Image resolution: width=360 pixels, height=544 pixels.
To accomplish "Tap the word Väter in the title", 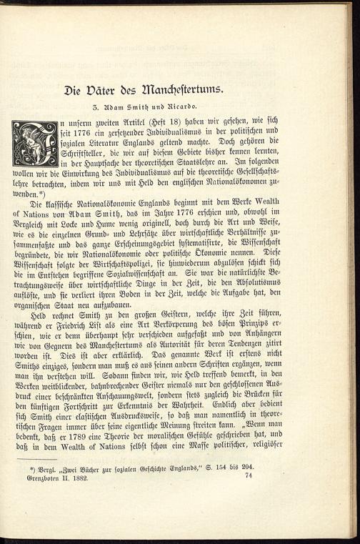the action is click(105, 90).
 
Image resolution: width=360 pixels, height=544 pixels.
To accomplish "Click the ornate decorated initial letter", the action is click(35, 144).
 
